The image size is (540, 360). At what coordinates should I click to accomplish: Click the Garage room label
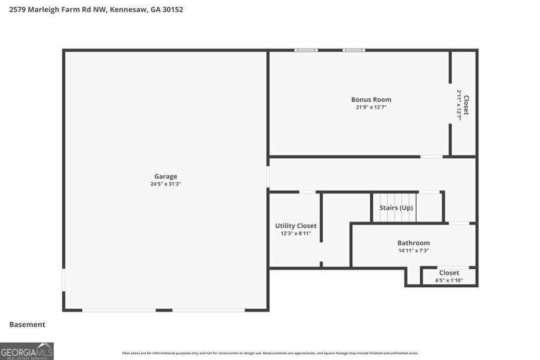tap(166, 177)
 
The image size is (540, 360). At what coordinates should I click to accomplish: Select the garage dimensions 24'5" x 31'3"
tap(166, 184)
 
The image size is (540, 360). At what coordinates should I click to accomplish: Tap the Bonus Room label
tap(371, 100)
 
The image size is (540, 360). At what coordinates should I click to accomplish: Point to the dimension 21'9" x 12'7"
tap(371, 107)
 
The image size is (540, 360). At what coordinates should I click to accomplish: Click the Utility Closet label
tap(296, 226)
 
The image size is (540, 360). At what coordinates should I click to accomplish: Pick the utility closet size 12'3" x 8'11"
tap(296, 233)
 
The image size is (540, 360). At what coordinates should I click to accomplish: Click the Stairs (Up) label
tap(396, 208)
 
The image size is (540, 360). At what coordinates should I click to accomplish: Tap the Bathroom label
tap(413, 243)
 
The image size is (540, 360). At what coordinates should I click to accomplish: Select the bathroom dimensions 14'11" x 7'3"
tap(413, 250)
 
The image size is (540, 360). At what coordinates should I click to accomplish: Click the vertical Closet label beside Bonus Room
tap(466, 105)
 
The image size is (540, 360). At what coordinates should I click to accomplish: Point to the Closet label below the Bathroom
tap(449, 273)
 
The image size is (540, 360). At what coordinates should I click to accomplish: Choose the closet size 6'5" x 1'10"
tap(449, 280)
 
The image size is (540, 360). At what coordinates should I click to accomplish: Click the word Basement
tap(27, 325)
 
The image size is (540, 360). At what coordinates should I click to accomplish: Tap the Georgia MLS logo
tap(27, 351)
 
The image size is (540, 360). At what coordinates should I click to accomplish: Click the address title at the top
tap(97, 9)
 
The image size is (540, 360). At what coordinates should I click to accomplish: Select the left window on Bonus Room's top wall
tap(306, 50)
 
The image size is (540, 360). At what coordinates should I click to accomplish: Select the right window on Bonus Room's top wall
tap(353, 50)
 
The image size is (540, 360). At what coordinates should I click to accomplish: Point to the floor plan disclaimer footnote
tap(270, 353)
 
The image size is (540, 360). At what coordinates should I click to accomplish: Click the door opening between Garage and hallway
tap(268, 177)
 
